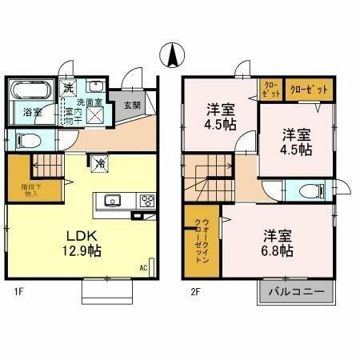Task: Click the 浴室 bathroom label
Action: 33,112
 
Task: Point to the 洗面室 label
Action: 89,103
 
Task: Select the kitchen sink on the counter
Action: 110,201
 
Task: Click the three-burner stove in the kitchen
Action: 147,201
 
